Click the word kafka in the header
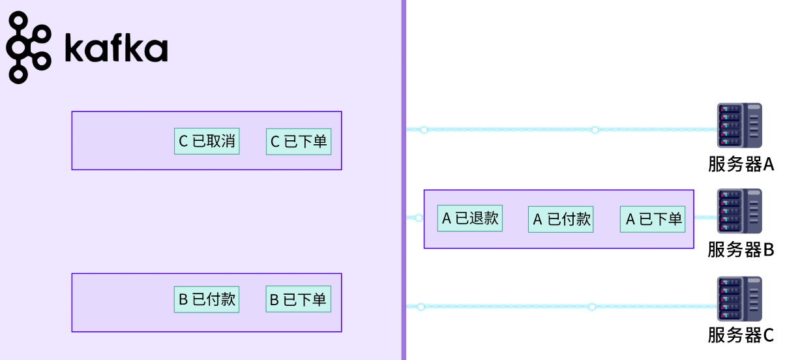point(116,48)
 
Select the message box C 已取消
point(207,141)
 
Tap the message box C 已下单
point(299,141)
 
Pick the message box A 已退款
point(470,218)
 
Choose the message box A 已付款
point(561,219)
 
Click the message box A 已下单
point(653,219)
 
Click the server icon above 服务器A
point(739,125)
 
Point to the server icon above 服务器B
point(739,211)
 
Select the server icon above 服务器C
point(739,299)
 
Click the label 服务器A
point(741,164)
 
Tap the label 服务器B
point(741,250)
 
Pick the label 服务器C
point(741,336)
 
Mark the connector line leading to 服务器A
point(509,130)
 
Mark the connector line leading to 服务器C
point(509,307)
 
